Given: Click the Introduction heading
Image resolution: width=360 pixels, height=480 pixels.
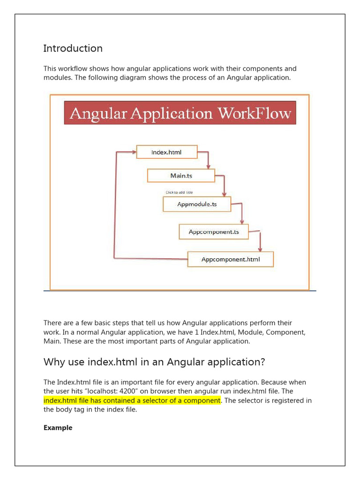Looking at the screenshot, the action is [x=73, y=48].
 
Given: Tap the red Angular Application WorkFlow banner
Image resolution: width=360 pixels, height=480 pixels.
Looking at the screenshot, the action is [x=180, y=113].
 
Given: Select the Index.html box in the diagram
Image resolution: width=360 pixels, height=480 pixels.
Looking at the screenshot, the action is [x=166, y=152].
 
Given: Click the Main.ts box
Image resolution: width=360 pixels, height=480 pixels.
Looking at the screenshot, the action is [x=181, y=175].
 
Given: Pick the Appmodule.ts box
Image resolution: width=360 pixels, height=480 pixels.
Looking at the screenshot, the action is [x=197, y=204].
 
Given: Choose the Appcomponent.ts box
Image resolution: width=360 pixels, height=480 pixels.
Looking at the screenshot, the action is [x=213, y=232].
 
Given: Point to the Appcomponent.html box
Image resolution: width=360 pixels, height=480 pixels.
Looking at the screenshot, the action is [x=230, y=259].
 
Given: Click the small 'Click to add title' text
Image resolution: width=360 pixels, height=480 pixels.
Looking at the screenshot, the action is [x=179, y=192].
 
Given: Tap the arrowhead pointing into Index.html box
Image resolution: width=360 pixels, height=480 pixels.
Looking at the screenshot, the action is [x=133, y=152].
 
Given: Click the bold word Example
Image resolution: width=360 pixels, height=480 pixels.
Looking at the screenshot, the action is [x=58, y=427].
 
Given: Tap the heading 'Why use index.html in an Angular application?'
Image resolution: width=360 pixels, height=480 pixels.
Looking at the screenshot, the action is [x=154, y=362].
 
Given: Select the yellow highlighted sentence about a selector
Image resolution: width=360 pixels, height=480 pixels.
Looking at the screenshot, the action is [x=132, y=400].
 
